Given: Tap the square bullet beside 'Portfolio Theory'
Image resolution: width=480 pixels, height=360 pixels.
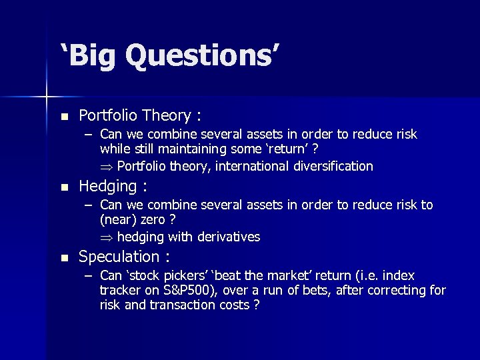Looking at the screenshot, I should tap(64, 116).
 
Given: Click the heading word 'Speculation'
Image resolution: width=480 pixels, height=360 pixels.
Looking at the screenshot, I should tap(119, 257).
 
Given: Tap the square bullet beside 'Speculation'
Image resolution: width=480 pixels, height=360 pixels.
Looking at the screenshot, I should tap(64, 257).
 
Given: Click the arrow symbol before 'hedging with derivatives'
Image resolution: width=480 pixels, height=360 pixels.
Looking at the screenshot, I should tap(107, 237).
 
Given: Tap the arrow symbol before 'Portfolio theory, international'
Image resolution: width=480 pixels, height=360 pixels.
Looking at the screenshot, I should tap(107, 167).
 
